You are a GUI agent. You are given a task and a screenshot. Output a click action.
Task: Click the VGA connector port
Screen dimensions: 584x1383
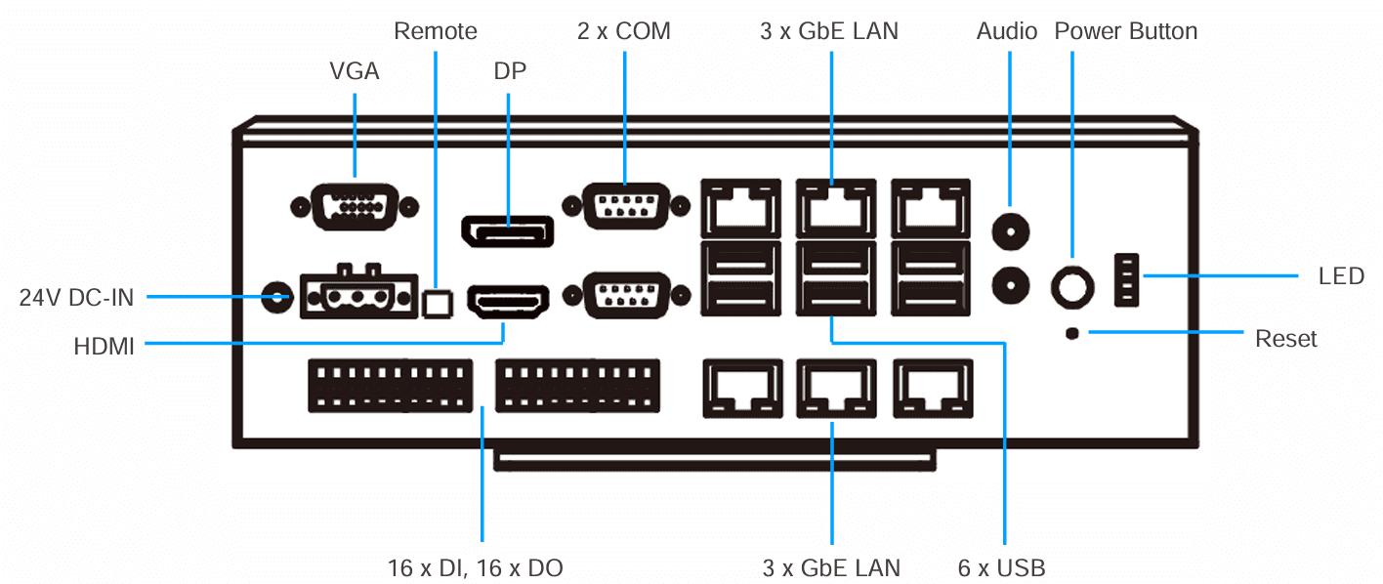(355, 207)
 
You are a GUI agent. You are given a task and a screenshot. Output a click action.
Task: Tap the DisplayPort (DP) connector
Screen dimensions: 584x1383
(507, 231)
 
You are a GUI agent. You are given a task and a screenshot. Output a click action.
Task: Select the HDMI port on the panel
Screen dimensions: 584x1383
(508, 302)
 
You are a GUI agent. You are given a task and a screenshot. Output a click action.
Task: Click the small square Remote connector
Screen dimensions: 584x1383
(438, 304)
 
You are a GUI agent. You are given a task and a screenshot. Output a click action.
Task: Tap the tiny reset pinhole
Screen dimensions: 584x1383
(1072, 334)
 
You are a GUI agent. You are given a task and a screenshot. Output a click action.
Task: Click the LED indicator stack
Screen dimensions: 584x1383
(1126, 280)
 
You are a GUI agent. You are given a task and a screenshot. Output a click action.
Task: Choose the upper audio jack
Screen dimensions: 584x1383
(1010, 232)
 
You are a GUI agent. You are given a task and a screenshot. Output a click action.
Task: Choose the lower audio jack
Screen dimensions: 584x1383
(1010, 286)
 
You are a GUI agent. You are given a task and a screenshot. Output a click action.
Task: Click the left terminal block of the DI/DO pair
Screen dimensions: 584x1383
(390, 386)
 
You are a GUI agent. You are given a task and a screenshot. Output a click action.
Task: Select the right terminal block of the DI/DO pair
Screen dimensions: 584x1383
(577, 386)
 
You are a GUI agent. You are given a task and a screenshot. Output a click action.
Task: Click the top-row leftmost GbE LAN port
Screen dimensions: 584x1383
(740, 208)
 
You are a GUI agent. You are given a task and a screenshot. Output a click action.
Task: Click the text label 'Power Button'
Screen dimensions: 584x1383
(1125, 31)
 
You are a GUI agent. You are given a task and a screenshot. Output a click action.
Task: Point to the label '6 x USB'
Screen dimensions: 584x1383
(1002, 567)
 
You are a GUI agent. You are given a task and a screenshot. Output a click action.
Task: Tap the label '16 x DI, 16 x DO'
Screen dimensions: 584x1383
(475, 567)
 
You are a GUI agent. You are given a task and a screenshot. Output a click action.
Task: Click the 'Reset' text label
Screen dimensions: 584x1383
(1285, 339)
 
